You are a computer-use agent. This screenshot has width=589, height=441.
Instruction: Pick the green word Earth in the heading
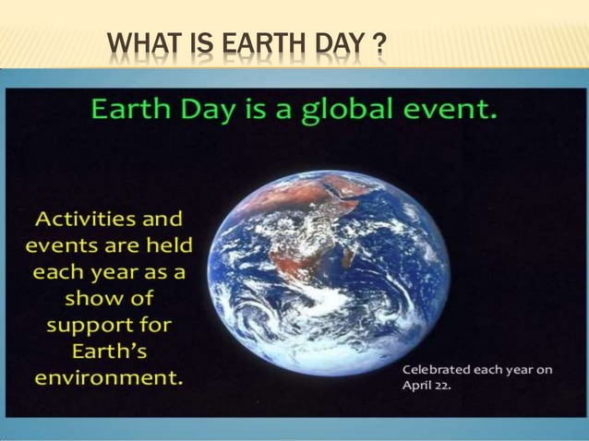[128, 112]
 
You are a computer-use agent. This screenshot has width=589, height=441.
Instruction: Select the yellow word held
[162, 246]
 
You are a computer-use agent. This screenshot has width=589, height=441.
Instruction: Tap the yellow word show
[96, 299]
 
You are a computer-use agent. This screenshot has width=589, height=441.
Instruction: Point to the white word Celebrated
[437, 369]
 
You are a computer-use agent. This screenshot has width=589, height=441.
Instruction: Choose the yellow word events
[55, 246]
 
